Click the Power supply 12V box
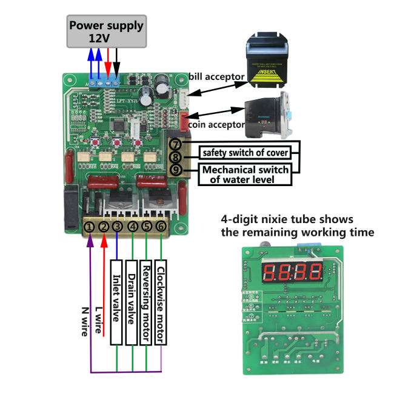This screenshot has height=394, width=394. click(106, 31)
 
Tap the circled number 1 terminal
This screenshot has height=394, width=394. click(89, 227)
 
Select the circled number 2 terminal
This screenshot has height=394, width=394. click(104, 227)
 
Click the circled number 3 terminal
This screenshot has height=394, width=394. click(118, 227)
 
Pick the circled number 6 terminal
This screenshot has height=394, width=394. click(161, 227)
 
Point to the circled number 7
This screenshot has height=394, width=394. click(175, 145)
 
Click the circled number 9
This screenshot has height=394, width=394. click(175, 170)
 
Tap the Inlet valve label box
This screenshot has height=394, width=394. click(118, 302)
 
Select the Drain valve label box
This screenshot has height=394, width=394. click(132, 302)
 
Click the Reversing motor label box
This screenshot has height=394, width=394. click(146, 302)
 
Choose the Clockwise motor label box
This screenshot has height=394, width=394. click(161, 302)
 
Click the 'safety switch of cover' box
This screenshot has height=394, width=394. click(245, 152)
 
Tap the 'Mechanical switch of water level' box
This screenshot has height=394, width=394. click(245, 174)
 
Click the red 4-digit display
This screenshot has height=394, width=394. click(291, 271)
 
